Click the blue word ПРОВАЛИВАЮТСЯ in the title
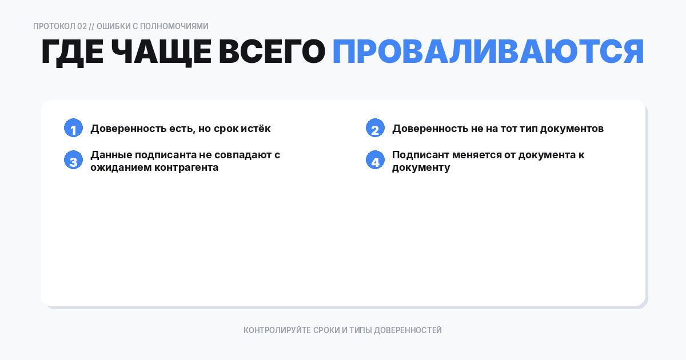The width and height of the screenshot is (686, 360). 488,53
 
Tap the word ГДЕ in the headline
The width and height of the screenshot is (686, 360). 72,53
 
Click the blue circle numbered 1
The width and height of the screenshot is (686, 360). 73,129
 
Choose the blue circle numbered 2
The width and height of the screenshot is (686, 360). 375,129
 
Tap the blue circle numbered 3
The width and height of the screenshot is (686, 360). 73,161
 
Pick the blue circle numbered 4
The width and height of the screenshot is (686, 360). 375,161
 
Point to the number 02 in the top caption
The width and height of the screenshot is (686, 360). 82,26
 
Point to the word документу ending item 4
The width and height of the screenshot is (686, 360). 421,167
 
